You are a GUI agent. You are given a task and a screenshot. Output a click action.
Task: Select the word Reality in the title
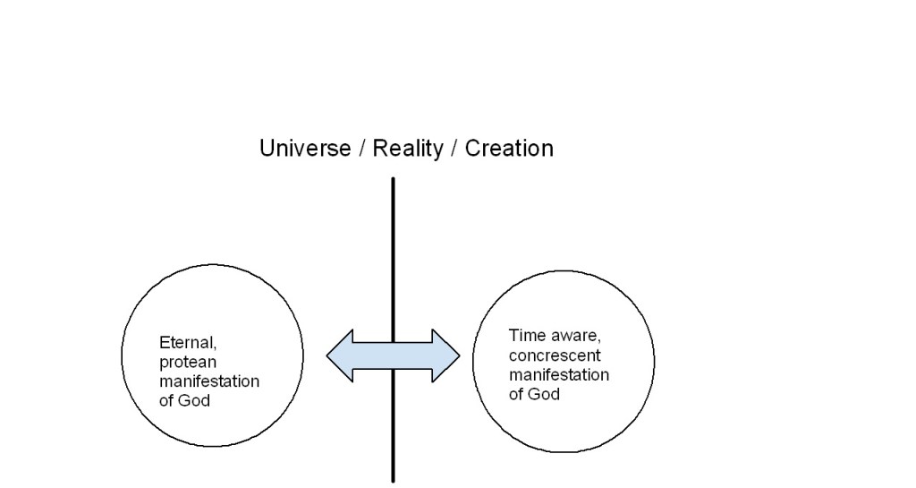click(x=408, y=148)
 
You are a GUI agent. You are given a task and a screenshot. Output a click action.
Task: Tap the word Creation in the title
click(x=509, y=148)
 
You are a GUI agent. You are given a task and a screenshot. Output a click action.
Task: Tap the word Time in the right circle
click(x=525, y=337)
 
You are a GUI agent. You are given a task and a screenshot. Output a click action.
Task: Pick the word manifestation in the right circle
click(x=559, y=374)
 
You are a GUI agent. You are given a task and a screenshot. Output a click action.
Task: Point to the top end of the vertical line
click(x=393, y=180)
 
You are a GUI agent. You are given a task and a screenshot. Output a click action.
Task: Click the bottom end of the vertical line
click(x=393, y=479)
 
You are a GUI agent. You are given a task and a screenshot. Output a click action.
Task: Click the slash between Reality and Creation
click(x=454, y=148)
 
